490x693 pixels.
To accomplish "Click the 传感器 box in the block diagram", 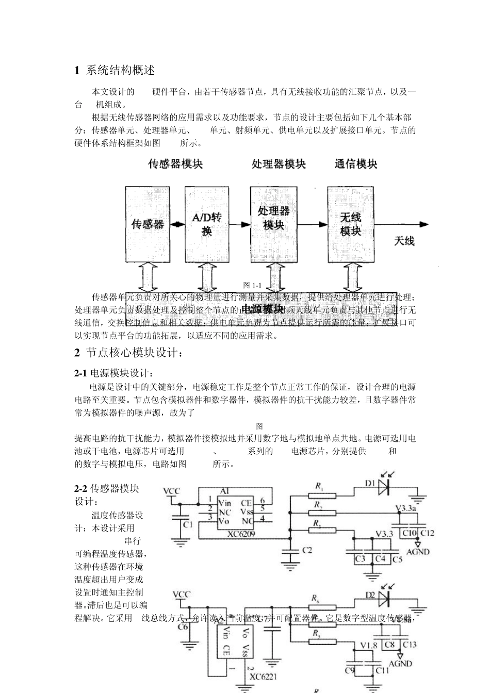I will pyautogui.click(x=148, y=225).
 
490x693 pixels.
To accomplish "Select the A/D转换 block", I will pyautogui.click(x=207, y=225).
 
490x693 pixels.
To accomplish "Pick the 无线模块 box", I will pyautogui.click(x=350, y=225).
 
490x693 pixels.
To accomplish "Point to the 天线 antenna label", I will pyautogui.click(x=404, y=241).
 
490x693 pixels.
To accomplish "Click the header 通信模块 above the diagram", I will pyautogui.click(x=356, y=164).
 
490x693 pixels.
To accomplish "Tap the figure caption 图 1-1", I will pyautogui.click(x=253, y=285).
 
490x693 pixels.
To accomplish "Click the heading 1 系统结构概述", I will pyautogui.click(x=115, y=70).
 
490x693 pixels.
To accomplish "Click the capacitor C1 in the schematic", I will pyautogui.click(x=180, y=524).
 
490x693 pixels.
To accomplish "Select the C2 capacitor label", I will pyautogui.click(x=307, y=550).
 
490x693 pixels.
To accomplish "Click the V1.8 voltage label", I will pyautogui.click(x=369, y=646).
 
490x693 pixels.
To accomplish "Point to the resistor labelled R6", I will pyautogui.click(x=322, y=607).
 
